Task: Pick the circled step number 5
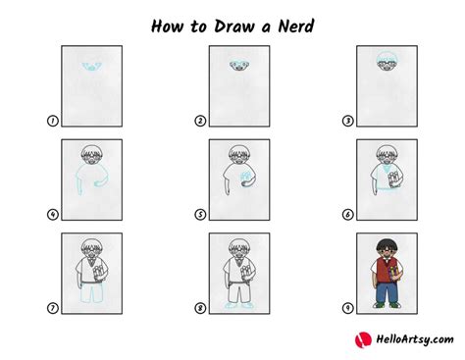[200, 214]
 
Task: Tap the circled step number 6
[346, 214]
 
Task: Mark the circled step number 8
[200, 308]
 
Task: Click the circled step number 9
[346, 308]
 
